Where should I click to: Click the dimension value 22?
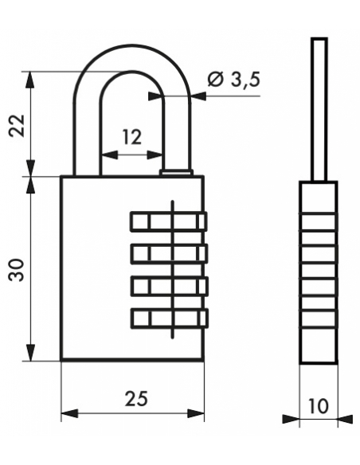coord(17,125)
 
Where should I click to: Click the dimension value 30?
coord(16,270)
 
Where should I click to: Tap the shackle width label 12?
coord(132,137)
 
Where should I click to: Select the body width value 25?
coord(136,398)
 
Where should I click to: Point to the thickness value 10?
coord(319,406)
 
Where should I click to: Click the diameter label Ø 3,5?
coord(233,80)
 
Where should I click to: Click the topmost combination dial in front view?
coord(168,221)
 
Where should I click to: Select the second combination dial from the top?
coord(169,253)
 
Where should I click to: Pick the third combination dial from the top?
coord(169,286)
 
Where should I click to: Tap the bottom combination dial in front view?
coord(169,318)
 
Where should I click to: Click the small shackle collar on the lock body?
coord(176,173)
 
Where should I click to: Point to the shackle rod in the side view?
coord(319,109)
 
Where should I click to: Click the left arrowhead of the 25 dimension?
coord(69,413)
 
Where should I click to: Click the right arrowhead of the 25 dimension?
coord(196,413)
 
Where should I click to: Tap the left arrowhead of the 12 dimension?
coord(109,154)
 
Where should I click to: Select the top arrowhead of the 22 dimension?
coord(30,80)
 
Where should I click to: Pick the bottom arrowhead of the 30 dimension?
coord(30,353)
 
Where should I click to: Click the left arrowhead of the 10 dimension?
coord(291,419)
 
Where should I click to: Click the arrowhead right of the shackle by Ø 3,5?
coord(199,96)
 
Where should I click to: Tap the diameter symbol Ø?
coord(215,80)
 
